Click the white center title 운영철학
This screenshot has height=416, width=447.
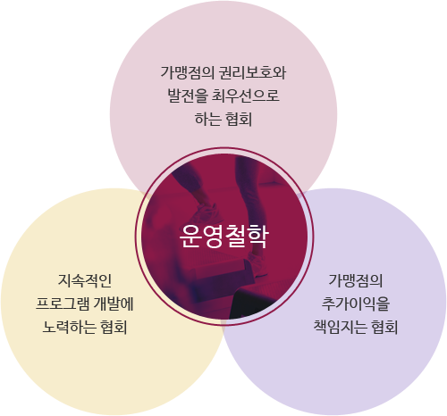click(x=223, y=237)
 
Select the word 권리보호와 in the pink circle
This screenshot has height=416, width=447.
click(x=252, y=72)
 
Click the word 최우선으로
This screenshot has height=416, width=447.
click(x=246, y=96)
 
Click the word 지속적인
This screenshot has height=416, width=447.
click(x=85, y=280)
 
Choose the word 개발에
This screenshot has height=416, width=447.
click(x=114, y=304)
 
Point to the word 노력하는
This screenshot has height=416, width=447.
click(x=69, y=327)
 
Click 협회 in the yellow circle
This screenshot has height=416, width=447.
click(x=114, y=327)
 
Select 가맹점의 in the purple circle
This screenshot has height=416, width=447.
click(x=356, y=280)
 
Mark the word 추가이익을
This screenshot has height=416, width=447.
click(x=356, y=304)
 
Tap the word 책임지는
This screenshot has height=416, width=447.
click(x=341, y=327)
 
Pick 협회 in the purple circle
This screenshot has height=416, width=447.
click(x=384, y=327)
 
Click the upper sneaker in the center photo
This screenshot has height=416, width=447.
click(x=207, y=213)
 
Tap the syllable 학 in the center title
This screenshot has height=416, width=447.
click(x=257, y=237)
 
